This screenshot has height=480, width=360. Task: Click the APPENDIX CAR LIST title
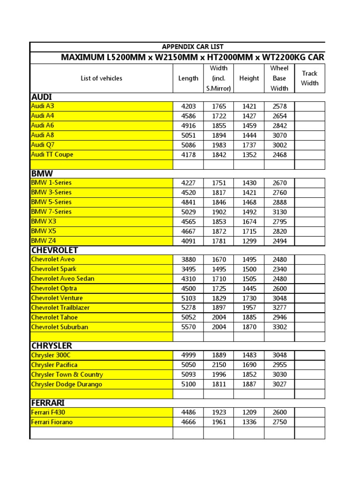(x=192, y=46)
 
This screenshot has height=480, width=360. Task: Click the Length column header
(x=188, y=78)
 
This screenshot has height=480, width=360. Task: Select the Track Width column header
(x=309, y=78)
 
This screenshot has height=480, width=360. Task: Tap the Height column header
(x=249, y=78)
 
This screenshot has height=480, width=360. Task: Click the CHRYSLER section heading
(x=52, y=346)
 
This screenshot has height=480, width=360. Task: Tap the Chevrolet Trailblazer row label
(x=60, y=307)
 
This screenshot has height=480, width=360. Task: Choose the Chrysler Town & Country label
(x=67, y=375)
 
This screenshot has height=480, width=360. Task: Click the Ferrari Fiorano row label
(x=52, y=422)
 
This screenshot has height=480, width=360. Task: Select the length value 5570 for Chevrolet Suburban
(x=188, y=327)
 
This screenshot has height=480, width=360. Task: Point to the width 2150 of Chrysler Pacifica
(x=219, y=365)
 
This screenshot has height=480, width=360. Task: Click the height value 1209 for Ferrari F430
(x=249, y=412)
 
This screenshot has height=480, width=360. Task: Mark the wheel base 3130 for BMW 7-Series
(x=279, y=212)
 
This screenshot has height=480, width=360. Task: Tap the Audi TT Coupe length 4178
(x=188, y=155)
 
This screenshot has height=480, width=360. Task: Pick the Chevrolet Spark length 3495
(x=188, y=269)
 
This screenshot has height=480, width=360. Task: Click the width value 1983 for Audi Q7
(x=219, y=145)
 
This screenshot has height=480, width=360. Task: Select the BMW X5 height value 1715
(x=249, y=231)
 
